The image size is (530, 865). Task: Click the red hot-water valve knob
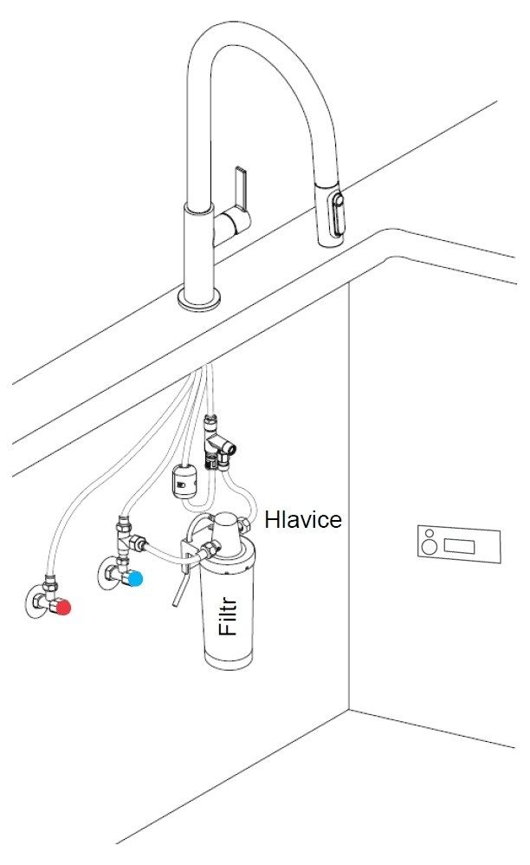(x=64, y=608)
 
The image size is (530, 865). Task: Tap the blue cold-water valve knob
(x=135, y=579)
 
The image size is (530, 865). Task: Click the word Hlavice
(x=303, y=520)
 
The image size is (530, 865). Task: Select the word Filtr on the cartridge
(x=228, y=617)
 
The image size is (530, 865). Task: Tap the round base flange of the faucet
(x=200, y=299)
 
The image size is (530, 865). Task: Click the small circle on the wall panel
(x=428, y=534)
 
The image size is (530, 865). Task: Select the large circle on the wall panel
(x=430, y=547)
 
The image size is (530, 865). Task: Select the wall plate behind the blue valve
(x=110, y=573)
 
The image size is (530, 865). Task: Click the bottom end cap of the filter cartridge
(x=229, y=659)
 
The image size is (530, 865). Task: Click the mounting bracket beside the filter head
(x=186, y=557)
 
